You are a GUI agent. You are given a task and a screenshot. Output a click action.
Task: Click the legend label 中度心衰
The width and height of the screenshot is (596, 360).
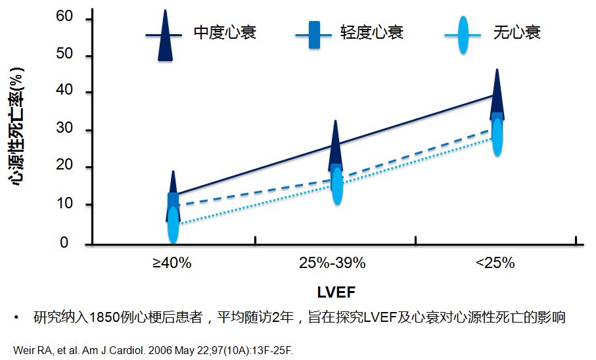[225, 32]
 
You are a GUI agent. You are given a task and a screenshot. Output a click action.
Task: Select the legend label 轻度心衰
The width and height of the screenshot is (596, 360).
[372, 32]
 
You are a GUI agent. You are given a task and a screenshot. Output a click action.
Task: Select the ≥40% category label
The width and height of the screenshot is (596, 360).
[172, 263]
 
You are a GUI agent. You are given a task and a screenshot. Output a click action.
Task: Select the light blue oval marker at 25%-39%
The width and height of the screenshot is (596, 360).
[337, 186]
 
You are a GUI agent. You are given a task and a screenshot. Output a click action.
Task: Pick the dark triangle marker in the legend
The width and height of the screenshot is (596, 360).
[166, 36]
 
